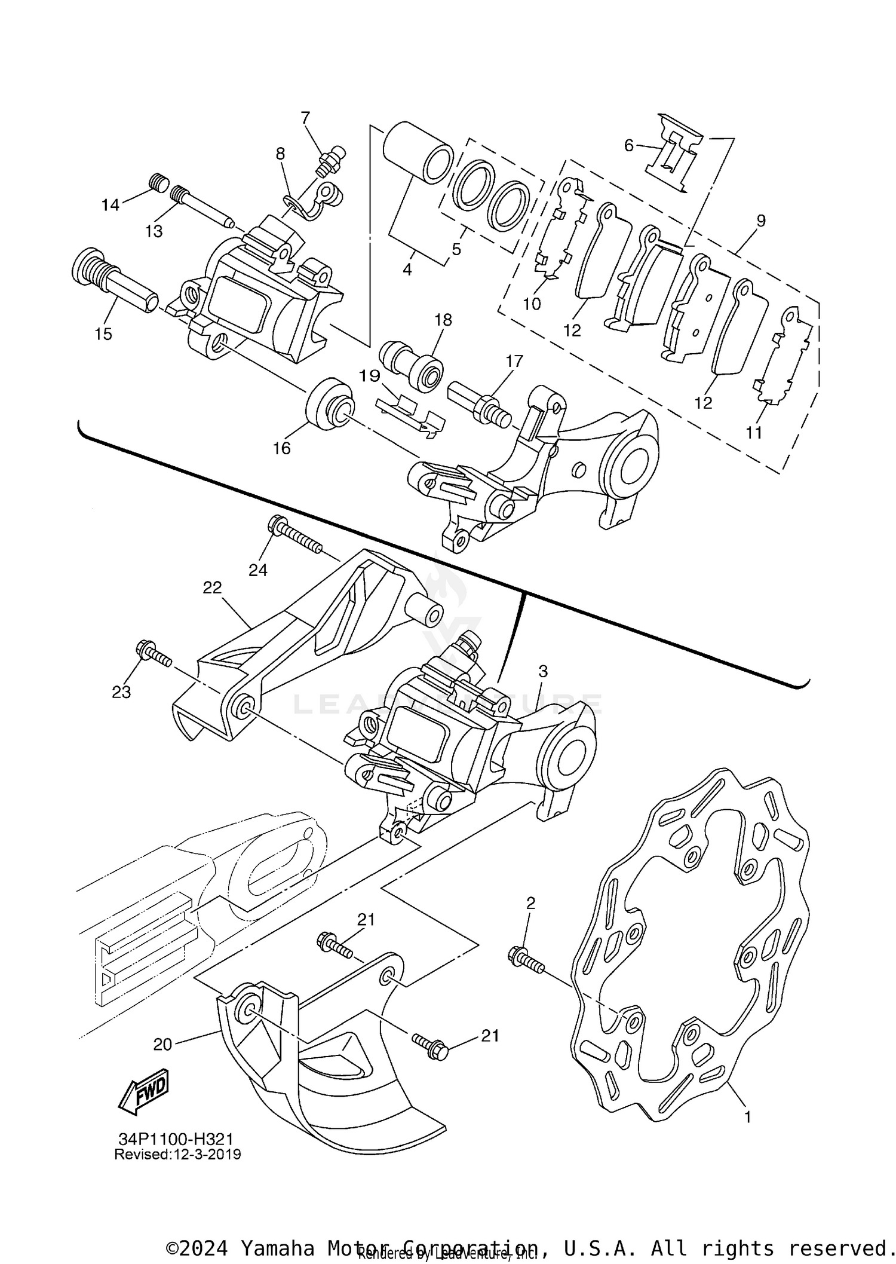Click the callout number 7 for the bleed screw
305,118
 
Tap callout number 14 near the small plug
110,205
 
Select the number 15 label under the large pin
103,333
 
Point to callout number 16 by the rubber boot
281,448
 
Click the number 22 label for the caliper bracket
212,587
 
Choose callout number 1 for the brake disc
747,1116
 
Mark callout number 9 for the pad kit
760,221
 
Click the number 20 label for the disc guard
162,1044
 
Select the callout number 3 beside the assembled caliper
542,671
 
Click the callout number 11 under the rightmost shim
754,432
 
